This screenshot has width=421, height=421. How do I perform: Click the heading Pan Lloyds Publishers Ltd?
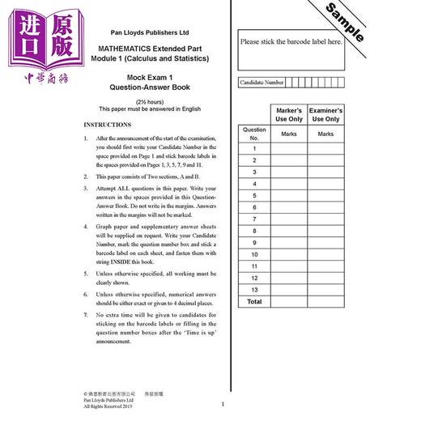153,33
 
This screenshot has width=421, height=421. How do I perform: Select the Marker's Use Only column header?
288,114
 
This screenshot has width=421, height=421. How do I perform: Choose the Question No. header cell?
253,133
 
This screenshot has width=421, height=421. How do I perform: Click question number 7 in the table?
253,219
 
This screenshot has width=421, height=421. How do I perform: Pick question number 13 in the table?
253,289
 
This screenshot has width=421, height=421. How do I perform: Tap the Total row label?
253,301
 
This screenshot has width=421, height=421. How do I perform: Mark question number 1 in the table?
253,149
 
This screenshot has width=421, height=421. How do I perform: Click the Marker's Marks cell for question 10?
288,253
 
